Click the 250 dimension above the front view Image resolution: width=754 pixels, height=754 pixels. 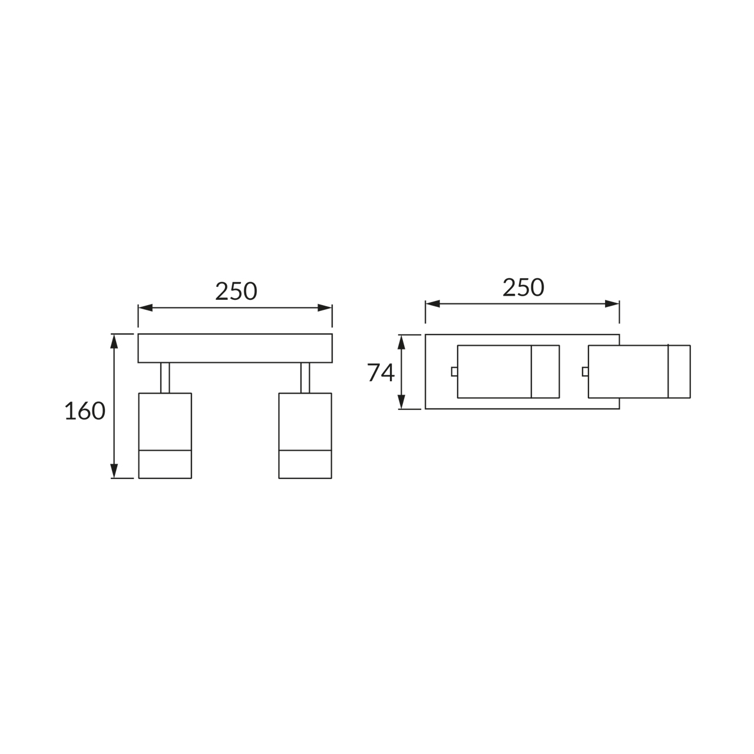236,291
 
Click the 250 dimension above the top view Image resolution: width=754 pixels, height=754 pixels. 523,287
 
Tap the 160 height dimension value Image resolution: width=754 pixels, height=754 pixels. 85,411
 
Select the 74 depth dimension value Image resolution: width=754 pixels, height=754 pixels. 381,372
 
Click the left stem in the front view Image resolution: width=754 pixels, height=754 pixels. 165,378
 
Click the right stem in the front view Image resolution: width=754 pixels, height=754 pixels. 305,378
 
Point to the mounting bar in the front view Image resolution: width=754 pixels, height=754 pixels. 235,348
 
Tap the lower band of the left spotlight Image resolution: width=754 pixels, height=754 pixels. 165,464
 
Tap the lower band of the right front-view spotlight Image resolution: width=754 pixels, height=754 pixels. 305,464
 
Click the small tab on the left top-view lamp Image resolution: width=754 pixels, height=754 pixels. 454,371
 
